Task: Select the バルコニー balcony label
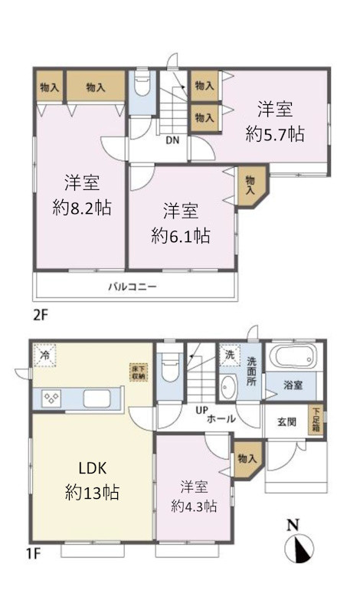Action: (131, 287)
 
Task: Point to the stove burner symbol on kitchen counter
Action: (52, 398)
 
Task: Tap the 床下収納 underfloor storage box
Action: (137, 372)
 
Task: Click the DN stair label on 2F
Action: (174, 139)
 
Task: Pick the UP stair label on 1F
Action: (201, 410)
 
